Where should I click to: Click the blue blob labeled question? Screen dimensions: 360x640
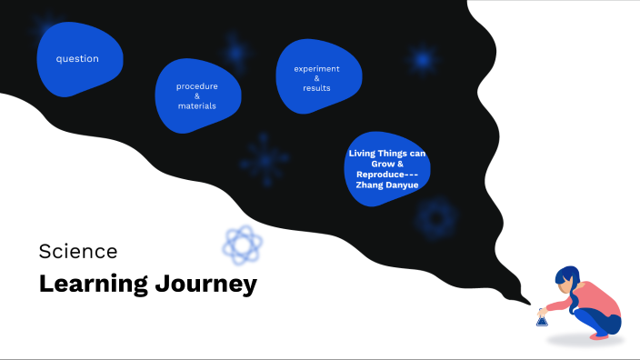pos(78,58)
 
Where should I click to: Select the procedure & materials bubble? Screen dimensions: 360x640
pos(197,95)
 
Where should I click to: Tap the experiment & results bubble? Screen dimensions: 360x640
pos(316,77)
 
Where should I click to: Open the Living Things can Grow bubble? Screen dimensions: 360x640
pos(386,167)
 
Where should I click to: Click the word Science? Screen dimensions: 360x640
pos(78,251)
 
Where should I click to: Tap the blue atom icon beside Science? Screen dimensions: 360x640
pos(243,245)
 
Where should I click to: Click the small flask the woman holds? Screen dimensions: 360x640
pos(542,319)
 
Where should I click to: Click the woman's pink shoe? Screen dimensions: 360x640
pos(599,335)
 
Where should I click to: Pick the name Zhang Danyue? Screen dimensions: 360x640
pos(386,185)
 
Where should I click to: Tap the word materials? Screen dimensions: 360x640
pos(197,106)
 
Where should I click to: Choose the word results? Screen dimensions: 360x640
pos(316,88)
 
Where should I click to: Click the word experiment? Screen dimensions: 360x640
pos(316,68)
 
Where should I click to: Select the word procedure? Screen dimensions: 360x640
pos(197,86)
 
